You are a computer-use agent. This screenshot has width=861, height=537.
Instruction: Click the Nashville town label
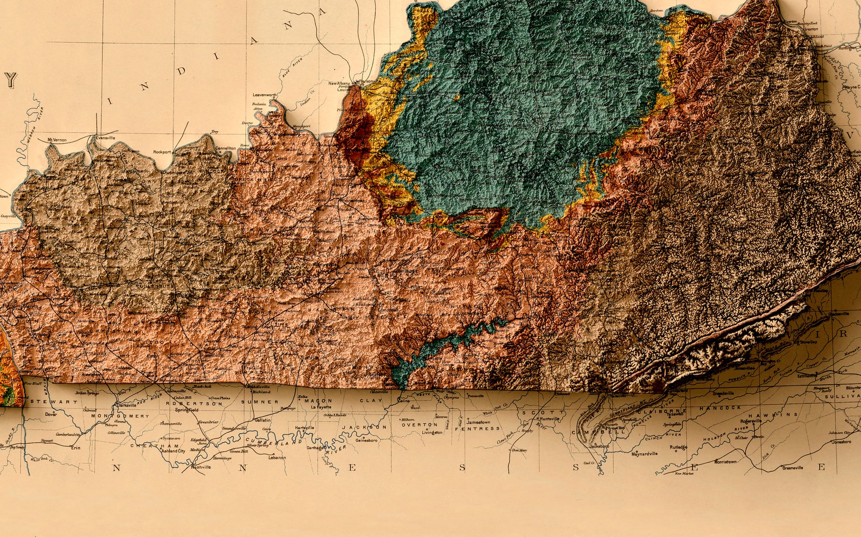pos(201,467)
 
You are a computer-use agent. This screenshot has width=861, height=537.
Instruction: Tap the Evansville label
pos(105,138)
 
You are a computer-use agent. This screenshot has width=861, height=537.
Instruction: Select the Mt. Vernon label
pos(57,140)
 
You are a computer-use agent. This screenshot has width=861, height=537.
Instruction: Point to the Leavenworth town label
pos(265,95)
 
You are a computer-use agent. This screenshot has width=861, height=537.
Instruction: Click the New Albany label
pos(339,83)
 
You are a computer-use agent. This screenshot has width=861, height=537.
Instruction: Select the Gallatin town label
pos(262,420)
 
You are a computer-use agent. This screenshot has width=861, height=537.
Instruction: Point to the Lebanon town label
pos(277,457)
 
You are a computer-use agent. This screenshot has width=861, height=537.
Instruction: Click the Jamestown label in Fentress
pos(478,422)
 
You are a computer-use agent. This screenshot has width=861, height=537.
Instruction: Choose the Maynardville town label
pos(644,454)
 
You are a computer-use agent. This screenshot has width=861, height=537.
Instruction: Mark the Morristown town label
pos(725,462)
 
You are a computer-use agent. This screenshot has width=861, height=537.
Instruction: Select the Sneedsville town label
pos(723,393)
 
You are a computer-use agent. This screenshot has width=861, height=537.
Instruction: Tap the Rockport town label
pos(162,152)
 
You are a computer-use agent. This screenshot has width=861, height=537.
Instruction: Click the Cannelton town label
pos(226,148)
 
